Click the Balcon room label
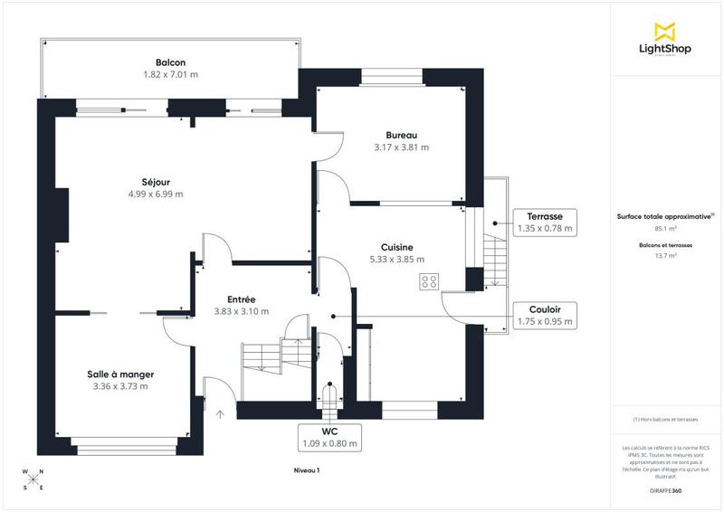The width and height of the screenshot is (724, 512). [170, 62]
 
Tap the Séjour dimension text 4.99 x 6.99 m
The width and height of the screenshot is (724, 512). [156, 194]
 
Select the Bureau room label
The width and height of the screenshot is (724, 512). [401, 135]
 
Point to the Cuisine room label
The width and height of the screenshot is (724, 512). [396, 247]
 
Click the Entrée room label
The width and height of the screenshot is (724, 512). [241, 299]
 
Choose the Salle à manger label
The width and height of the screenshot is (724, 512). [120, 374]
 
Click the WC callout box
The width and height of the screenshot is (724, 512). [329, 437]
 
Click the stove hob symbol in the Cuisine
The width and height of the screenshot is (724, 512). [428, 282]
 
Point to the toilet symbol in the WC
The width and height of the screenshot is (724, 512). [329, 395]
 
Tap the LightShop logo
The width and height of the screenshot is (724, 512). [666, 40]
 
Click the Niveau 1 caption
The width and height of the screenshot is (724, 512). [307, 470]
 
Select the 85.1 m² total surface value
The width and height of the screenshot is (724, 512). [666, 229]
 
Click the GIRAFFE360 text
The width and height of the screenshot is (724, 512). [666, 488]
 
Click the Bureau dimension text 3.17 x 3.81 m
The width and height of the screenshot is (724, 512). [401, 147]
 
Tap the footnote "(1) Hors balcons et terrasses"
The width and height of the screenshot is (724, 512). [666, 420]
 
